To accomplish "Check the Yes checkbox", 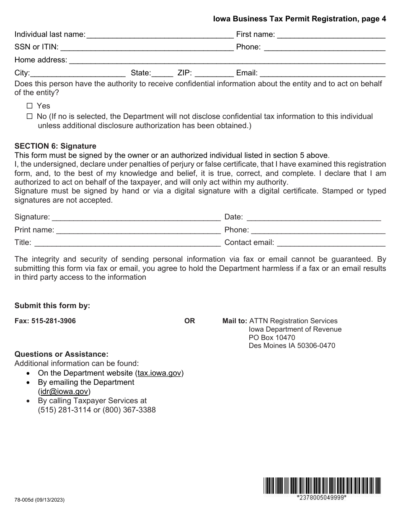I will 29,106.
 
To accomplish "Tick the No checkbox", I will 29,116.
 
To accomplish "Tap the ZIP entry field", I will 214,73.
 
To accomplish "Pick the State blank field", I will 163,73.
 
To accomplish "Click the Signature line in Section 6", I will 136,217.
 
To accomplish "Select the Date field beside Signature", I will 313,217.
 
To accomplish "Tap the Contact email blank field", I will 331,243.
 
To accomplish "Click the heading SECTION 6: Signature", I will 55,146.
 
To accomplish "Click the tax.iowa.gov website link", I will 159,373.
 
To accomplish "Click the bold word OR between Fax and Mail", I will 190,321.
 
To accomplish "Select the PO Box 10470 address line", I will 272,337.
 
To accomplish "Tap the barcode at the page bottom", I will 322,486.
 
